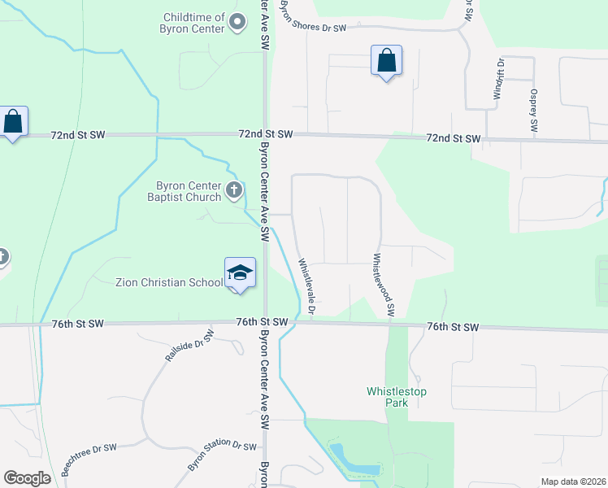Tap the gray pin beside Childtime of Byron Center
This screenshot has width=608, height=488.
pyautogui.click(x=237, y=22)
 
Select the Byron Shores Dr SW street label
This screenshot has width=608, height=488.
pyautogui.click(x=314, y=28)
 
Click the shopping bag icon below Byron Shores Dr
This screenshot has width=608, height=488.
pyautogui.click(x=386, y=61)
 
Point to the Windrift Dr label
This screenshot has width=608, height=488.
pyautogui.click(x=500, y=79)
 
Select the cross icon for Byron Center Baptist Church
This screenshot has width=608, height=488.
pyautogui.click(x=234, y=191)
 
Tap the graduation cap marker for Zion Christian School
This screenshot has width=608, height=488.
pyautogui.click(x=240, y=272)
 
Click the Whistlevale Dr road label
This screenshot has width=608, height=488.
pyautogui.click(x=306, y=285)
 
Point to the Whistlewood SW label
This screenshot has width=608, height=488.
pyautogui.click(x=383, y=284)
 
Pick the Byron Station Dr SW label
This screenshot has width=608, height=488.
pyautogui.click(x=222, y=454)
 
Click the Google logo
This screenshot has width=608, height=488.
pyautogui.click(x=28, y=478)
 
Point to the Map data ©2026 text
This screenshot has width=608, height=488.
pyautogui.click(x=572, y=481)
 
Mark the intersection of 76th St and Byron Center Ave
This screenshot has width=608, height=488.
pyautogui.click(x=266, y=323)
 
